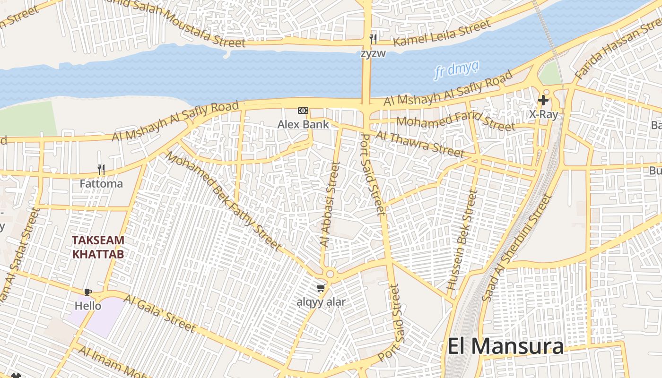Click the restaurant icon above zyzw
(373, 39)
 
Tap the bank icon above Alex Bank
(303, 111)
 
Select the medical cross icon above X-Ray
(543, 100)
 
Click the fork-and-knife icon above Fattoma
(101, 169)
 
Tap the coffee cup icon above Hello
(87, 292)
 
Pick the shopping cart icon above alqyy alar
(321, 288)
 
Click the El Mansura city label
(505, 346)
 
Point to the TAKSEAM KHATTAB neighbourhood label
(98, 247)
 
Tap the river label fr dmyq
(457, 70)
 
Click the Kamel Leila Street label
(442, 33)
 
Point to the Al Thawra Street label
(420, 143)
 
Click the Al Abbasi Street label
(330, 204)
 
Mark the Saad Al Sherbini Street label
(517, 247)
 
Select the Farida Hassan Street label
(617, 48)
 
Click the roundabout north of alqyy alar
(330, 274)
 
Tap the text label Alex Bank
(303, 124)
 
